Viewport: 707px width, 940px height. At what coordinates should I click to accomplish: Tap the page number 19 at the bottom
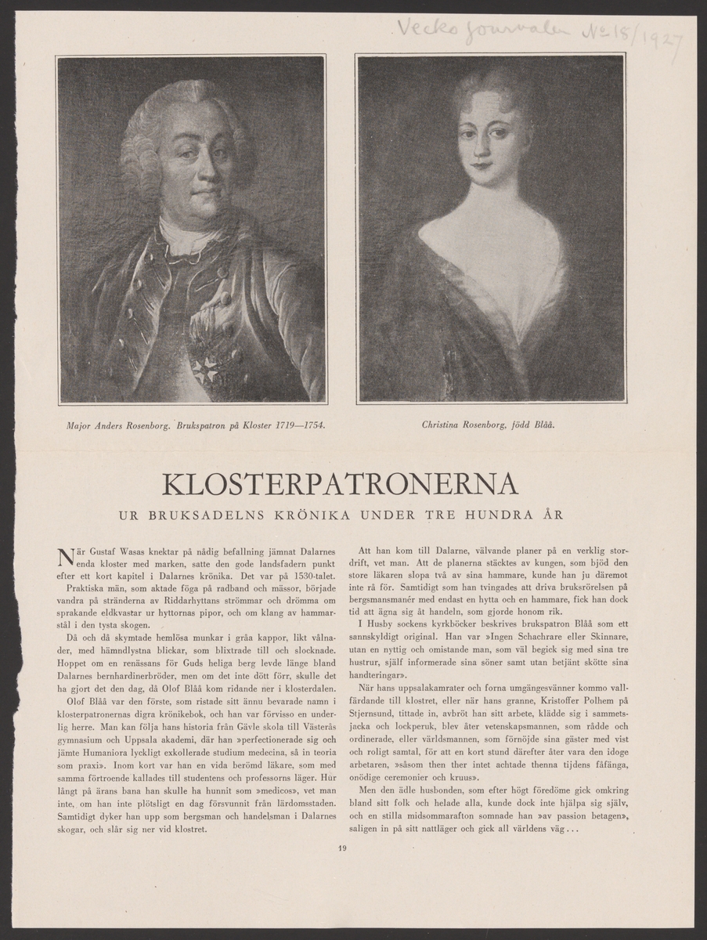pyautogui.click(x=343, y=846)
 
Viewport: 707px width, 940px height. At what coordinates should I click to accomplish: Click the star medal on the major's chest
pyautogui.click(x=207, y=369)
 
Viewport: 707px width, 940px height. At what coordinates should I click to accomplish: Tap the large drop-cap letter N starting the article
pyautogui.click(x=67, y=558)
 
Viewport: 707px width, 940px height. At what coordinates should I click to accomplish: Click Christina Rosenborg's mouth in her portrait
pyautogui.click(x=480, y=167)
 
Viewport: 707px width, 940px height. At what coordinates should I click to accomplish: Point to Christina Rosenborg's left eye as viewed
pyautogui.click(x=467, y=133)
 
